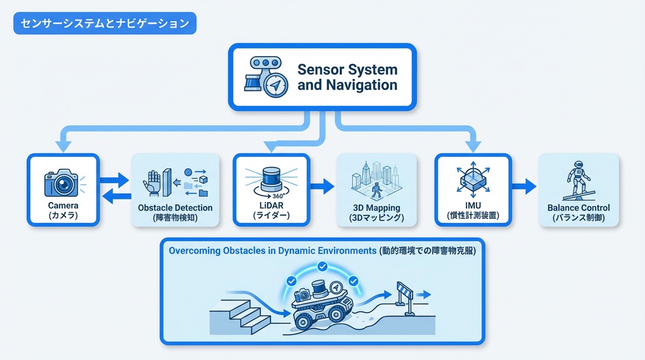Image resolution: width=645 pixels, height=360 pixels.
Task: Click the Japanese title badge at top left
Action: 105,23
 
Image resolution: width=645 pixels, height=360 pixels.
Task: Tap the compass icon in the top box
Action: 276,85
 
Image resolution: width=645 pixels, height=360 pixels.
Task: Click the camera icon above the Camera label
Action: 61,184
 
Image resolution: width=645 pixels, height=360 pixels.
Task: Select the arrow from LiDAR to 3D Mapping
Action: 322,187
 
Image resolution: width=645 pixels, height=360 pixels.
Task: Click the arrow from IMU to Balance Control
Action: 524,186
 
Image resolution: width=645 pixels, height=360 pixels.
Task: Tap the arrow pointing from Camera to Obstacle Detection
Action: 115,180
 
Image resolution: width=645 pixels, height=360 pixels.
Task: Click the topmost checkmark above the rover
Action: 322,267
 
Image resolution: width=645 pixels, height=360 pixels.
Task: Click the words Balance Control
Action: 578,208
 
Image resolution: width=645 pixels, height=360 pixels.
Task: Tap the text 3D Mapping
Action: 376,208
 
